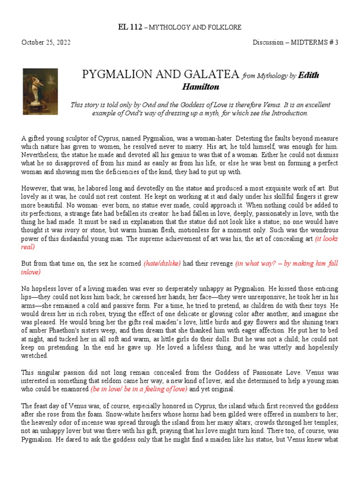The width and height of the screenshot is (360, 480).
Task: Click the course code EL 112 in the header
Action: coord(132,27)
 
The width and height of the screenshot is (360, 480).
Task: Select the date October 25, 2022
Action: coord(46,42)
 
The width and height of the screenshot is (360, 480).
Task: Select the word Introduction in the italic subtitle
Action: coord(288,113)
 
